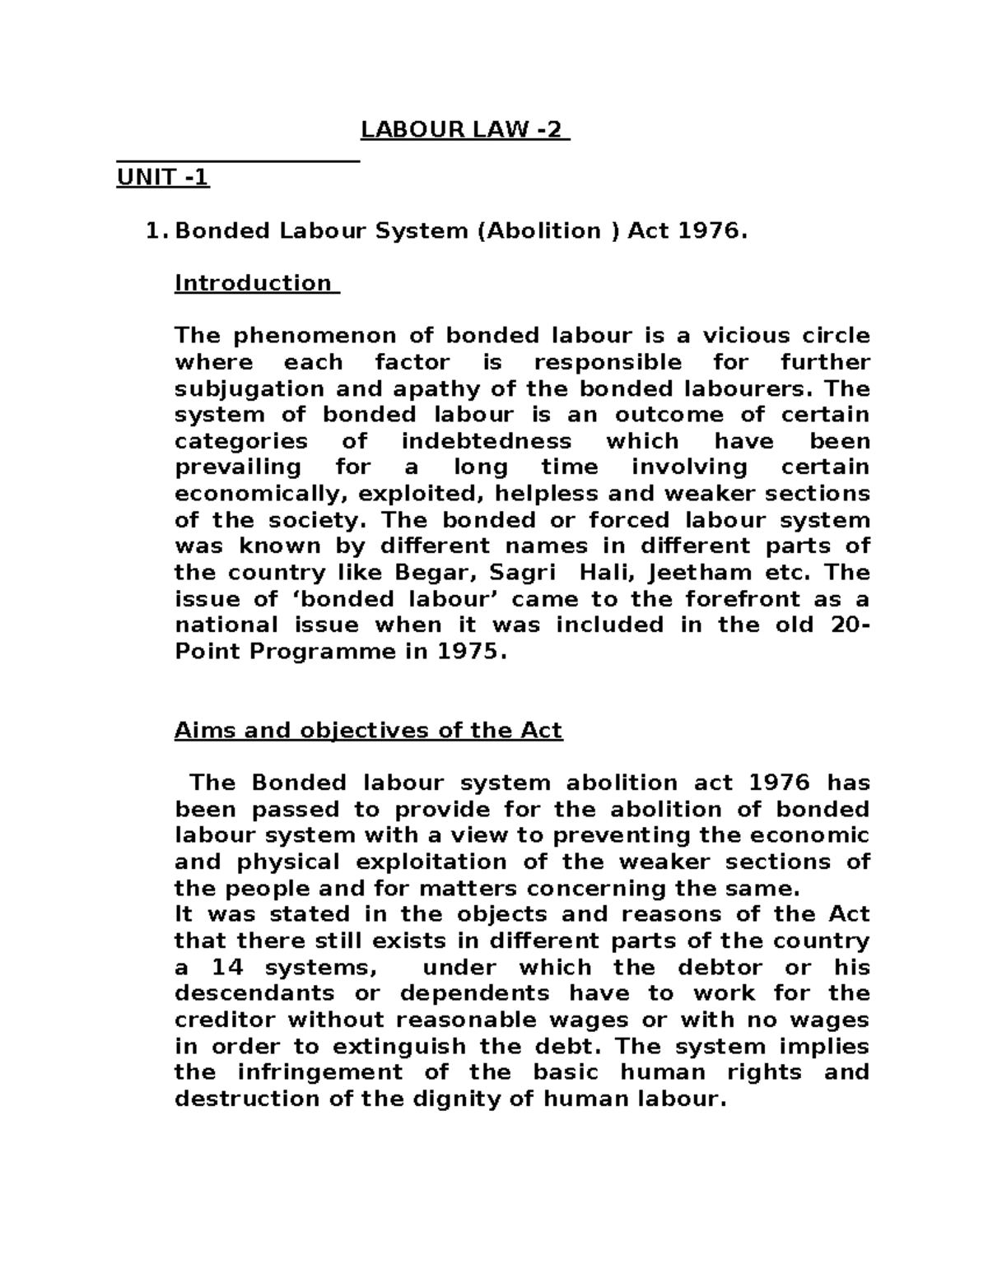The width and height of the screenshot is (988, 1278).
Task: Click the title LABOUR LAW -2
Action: (x=465, y=131)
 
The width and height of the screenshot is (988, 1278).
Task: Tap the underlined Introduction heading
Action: (x=255, y=283)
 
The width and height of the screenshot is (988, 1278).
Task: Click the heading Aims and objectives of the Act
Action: (x=368, y=731)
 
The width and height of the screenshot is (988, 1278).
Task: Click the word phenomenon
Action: (x=316, y=336)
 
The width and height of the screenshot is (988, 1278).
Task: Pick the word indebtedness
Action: (x=486, y=441)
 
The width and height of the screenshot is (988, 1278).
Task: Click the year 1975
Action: (x=469, y=651)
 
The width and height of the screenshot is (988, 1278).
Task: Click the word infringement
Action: (x=320, y=1072)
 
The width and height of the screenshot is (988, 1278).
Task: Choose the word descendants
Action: (x=255, y=993)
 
